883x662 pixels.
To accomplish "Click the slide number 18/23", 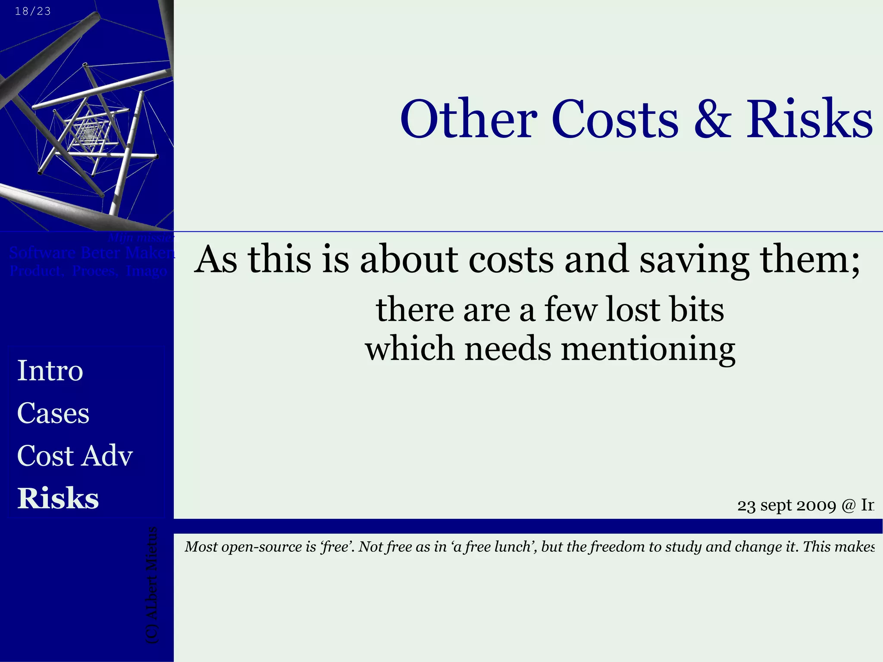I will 33,11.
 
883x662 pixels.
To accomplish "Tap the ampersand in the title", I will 712,119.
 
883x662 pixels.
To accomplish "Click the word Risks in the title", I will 809,119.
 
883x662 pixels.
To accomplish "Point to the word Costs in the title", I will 615,119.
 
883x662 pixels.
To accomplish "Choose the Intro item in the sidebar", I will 50,371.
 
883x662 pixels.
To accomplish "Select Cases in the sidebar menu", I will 53,413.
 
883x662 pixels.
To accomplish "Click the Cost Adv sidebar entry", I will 75,456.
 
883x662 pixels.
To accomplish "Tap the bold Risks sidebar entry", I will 58,498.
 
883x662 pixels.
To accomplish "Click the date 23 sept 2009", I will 786,505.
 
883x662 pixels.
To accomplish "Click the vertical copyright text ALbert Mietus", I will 152,586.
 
